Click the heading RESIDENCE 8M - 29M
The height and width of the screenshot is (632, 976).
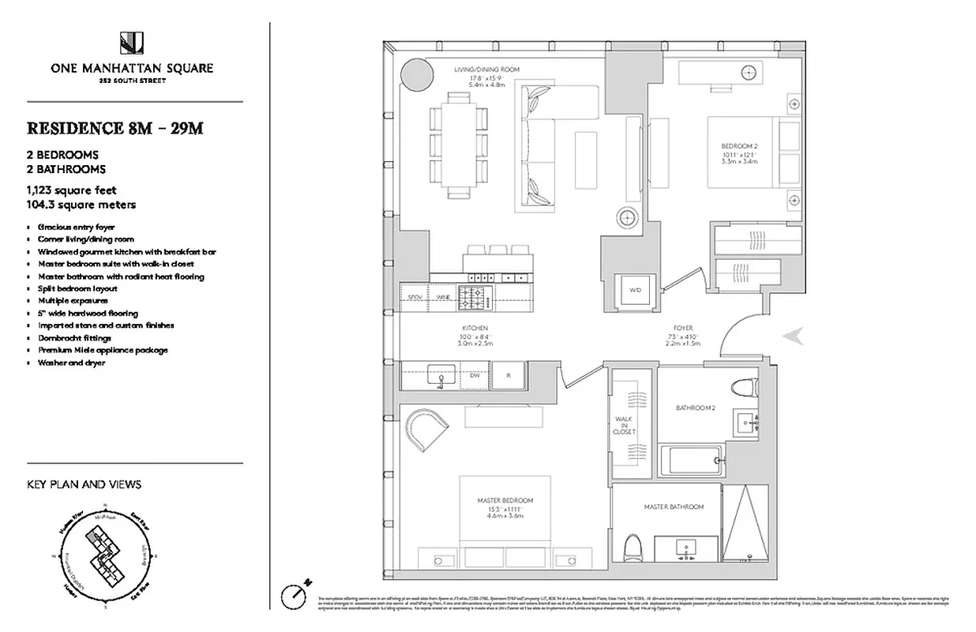[116, 129]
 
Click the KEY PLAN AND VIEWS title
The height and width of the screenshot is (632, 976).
[84, 484]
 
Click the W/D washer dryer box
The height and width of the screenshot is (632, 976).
[635, 290]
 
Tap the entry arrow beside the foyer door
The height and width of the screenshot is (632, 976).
[794, 336]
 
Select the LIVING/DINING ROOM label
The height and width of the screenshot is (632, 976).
[486, 70]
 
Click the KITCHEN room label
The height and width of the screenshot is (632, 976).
[476, 327]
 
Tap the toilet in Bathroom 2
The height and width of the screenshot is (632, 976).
[745, 388]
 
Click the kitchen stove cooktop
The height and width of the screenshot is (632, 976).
[476, 297]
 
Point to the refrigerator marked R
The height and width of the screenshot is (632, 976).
[510, 375]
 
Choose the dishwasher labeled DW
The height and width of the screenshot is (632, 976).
[475, 375]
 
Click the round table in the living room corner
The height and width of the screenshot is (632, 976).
[416, 74]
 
